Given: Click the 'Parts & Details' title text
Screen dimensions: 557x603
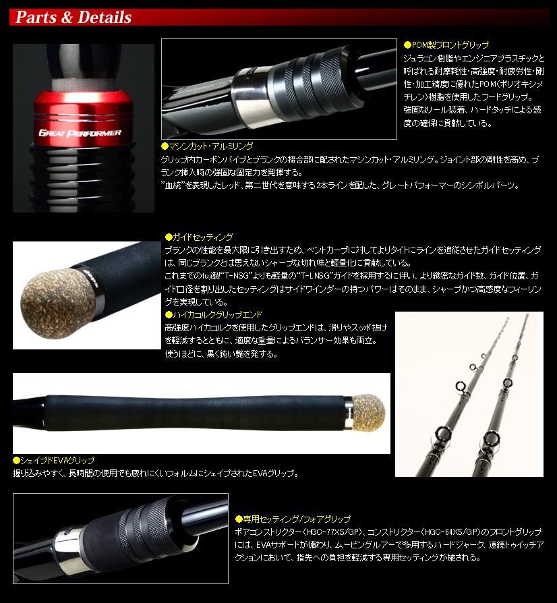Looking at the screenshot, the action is tap(74, 18).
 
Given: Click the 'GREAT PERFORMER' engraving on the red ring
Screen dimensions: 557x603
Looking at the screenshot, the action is tap(80, 133).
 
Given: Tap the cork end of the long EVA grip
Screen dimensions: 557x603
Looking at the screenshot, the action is tap(368, 413).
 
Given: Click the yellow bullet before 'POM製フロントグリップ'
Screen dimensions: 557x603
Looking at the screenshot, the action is tap(407, 45).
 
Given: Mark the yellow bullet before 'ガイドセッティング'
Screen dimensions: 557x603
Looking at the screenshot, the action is tap(169, 237).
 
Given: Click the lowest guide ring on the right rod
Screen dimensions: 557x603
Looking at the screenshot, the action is tap(492, 438).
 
